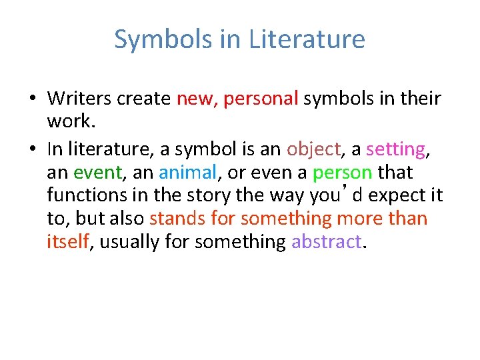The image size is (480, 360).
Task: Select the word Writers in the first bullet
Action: point(79,99)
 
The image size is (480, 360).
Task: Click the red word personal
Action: point(261,99)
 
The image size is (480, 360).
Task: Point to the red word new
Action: point(195,99)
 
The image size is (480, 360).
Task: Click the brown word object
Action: point(313,149)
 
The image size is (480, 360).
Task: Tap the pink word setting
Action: point(397,149)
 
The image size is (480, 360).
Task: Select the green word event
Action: point(97,172)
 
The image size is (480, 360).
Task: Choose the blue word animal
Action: point(188,172)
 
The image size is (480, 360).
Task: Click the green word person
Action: point(342,172)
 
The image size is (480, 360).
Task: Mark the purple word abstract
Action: point(327,241)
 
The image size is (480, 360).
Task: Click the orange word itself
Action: point(67,241)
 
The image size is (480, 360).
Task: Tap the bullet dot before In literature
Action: point(32,150)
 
